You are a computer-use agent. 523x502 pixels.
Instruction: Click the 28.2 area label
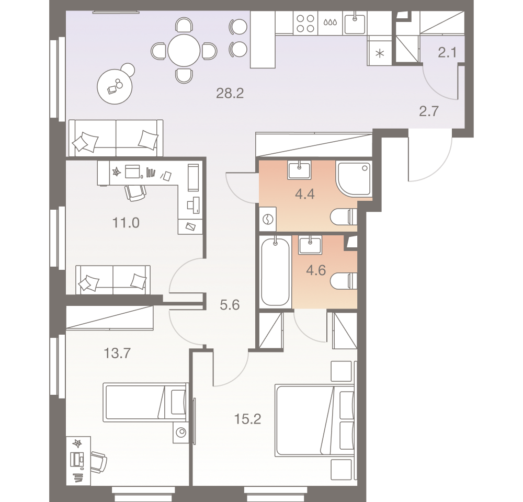pos(230,94)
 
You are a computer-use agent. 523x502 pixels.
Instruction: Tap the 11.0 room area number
pos(126,223)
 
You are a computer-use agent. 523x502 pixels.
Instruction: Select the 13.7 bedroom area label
pos(117,353)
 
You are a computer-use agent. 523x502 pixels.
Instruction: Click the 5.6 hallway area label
pos(230,305)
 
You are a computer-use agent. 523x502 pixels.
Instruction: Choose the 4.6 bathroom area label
pos(315,270)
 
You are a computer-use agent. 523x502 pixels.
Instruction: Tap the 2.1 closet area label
pos(448,52)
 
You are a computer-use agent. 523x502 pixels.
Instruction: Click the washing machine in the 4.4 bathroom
pos(267,220)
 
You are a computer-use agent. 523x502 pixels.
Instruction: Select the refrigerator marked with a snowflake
pos(380,53)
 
